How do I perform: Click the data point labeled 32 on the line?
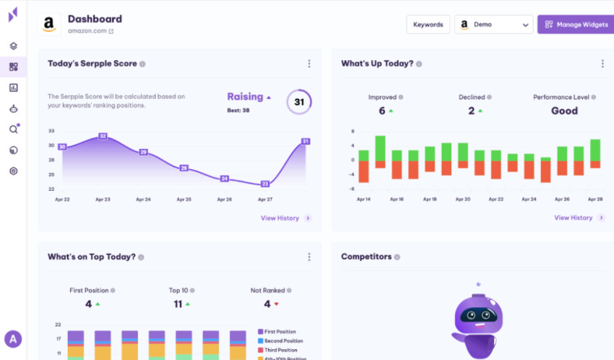(x=103, y=136)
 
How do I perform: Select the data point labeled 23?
(x=265, y=184)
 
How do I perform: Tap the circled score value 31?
(x=299, y=102)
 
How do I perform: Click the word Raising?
(x=245, y=97)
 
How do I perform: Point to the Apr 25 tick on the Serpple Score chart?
(x=184, y=200)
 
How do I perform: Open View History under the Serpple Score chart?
(x=280, y=218)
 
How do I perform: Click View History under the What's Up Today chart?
(x=573, y=218)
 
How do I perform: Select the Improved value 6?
(x=382, y=111)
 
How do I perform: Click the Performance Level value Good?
(x=564, y=111)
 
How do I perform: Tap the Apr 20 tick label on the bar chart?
(x=463, y=200)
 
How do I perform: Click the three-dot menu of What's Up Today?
(x=602, y=64)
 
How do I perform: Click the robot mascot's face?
(x=476, y=316)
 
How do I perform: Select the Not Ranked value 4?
(x=267, y=304)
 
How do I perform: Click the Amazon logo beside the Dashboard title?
(x=48, y=24)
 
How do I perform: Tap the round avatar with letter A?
(x=13, y=338)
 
